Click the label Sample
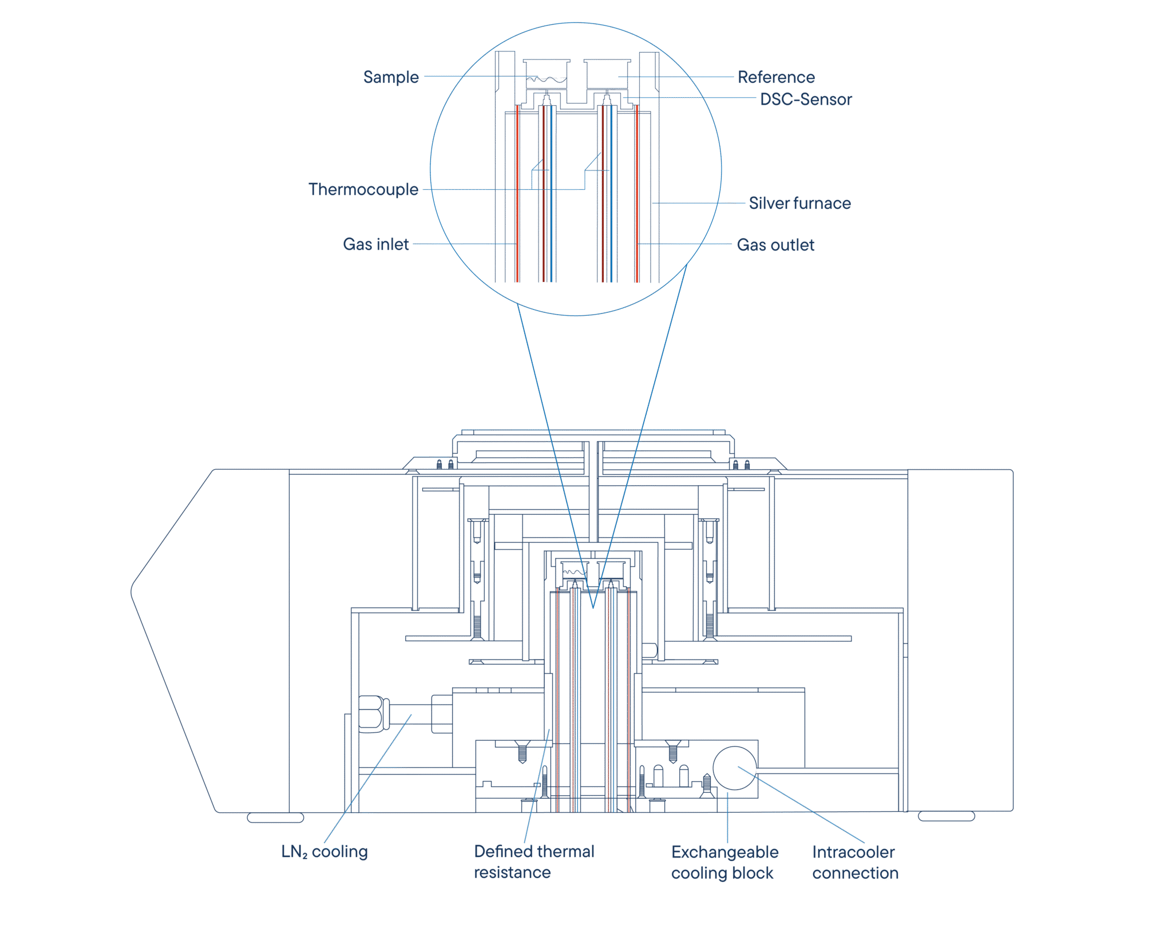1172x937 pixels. coord(391,77)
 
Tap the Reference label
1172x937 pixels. coord(776,77)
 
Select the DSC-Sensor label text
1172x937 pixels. coord(806,100)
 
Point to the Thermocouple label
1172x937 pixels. coord(363,189)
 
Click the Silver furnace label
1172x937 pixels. coord(799,203)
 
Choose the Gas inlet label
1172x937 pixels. coord(376,244)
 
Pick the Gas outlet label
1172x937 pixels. coord(775,245)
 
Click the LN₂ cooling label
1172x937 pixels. coord(324,852)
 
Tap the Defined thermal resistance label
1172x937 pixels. coord(534,862)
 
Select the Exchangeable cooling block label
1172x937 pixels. coord(724,863)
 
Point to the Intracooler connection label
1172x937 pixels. coord(856,863)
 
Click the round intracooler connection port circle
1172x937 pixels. coord(735,768)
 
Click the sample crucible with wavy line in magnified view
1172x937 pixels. coord(547,74)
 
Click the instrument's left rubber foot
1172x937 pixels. coord(275,817)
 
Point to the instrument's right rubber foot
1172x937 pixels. coord(947,816)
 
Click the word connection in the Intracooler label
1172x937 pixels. coord(856,874)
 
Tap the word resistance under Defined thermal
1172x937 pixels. coord(512,873)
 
